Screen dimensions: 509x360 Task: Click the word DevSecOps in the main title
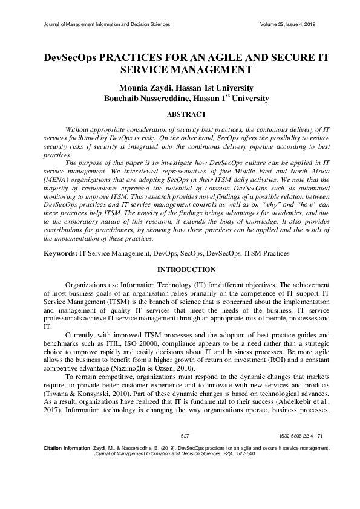70,59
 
